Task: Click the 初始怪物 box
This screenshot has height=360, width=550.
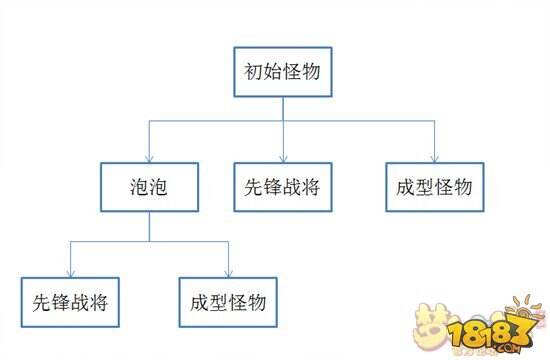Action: pos(283,72)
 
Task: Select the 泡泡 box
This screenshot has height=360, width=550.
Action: pos(149,187)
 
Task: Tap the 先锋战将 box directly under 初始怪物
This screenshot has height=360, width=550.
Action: pos(283,187)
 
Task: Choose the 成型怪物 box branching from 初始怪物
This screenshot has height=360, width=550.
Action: pos(434,187)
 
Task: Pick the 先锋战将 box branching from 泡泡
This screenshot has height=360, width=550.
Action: pos(70,302)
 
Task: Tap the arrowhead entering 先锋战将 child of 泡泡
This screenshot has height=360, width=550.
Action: pos(70,273)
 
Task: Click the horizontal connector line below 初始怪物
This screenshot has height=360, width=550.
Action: pos(350,121)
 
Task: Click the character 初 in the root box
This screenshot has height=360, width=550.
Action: pos(254,72)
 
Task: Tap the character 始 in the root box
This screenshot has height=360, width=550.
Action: pos(273,72)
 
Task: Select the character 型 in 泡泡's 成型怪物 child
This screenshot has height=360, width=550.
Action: pos(219,302)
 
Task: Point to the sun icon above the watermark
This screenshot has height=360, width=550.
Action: pos(519,305)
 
